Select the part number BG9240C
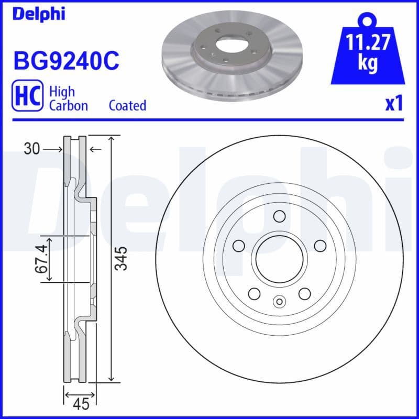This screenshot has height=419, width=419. [66, 62]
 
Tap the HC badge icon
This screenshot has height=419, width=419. [27, 98]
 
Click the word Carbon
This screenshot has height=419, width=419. [68, 105]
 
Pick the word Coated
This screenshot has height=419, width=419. [127, 105]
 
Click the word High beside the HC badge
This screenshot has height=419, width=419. [61, 92]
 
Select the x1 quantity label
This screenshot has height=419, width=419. [393, 104]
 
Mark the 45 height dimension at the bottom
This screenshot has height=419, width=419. [81, 404]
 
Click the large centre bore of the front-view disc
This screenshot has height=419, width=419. [279, 258]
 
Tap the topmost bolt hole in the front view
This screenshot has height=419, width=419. [279, 216]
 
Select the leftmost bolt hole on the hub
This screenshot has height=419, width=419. [239, 245]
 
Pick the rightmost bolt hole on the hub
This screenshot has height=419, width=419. [319, 245]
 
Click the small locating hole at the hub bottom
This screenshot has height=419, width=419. [279, 301]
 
